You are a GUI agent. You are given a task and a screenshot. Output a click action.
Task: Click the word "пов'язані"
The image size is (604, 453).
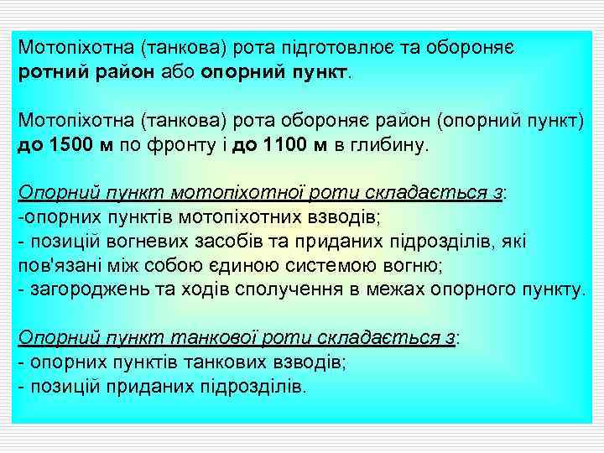(x=55, y=266)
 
